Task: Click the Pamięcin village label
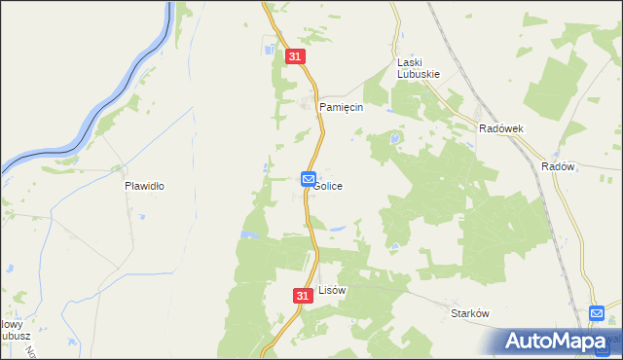click(x=344, y=107)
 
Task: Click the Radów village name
click(x=558, y=166)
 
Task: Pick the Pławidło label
click(x=144, y=184)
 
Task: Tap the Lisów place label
click(x=333, y=290)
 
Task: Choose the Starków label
click(x=468, y=313)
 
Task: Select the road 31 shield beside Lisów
click(x=302, y=294)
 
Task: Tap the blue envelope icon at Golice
click(x=308, y=178)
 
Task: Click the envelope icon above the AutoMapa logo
click(x=597, y=313)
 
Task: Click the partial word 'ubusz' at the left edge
click(x=14, y=337)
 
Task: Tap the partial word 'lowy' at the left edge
click(x=11, y=324)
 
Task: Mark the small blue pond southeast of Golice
click(x=337, y=230)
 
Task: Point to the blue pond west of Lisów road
click(x=251, y=234)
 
